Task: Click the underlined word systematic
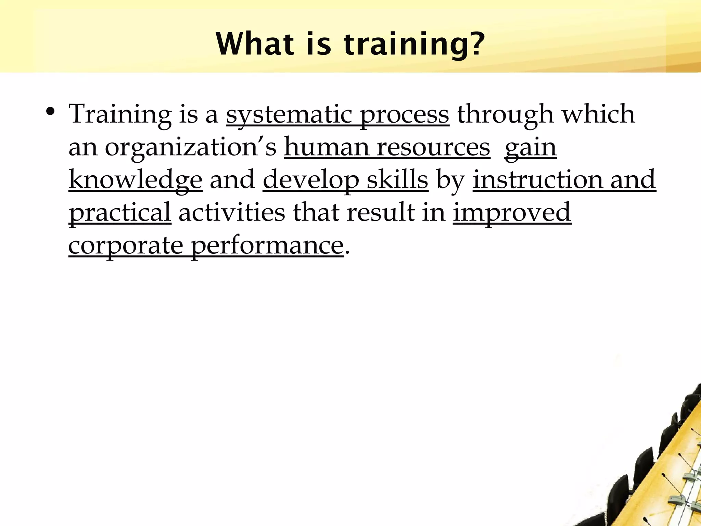pyautogui.click(x=289, y=114)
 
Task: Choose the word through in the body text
pyautogui.click(x=505, y=114)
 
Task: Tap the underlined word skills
pyautogui.click(x=397, y=179)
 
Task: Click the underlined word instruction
pyautogui.click(x=537, y=179)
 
